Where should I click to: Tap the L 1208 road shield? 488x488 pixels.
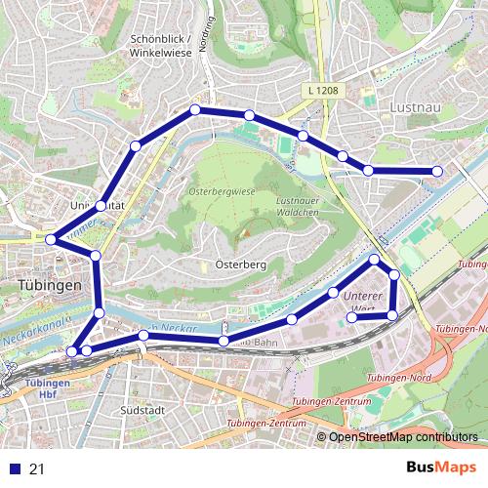pos(322,90)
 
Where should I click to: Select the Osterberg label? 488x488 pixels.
pos(235,264)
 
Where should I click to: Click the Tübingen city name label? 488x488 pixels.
pos(49,285)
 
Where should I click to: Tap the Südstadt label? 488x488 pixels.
pos(140,410)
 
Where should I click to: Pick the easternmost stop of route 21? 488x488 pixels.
pos(437,172)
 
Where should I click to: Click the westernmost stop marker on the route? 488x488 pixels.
pos(50,238)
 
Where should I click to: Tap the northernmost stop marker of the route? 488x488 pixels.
pos(195,109)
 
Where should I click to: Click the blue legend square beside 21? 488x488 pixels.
pos(12,469)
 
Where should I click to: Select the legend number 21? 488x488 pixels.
pos(37,469)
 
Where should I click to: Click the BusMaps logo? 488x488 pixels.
pos(440,468)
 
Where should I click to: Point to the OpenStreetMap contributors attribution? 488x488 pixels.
pos(403,437)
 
